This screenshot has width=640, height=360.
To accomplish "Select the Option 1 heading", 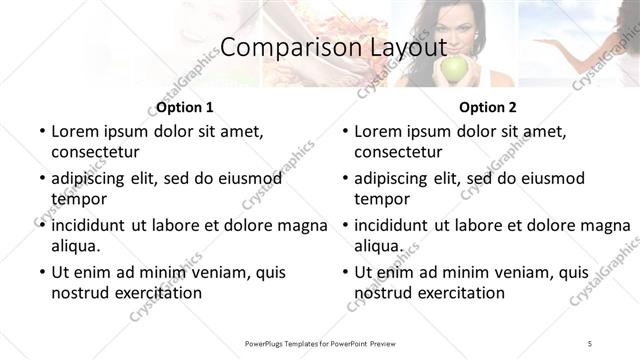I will click(x=185, y=107).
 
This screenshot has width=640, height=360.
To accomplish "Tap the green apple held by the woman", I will click(x=455, y=69).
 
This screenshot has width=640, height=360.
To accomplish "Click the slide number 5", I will click(x=590, y=343).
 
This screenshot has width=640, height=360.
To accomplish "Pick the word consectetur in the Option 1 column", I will click(x=95, y=152).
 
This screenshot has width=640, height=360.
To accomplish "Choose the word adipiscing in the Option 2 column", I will click(x=396, y=178).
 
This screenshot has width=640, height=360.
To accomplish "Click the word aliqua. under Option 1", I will click(x=76, y=245).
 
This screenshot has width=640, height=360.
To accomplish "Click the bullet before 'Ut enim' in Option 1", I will click(x=41, y=272).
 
